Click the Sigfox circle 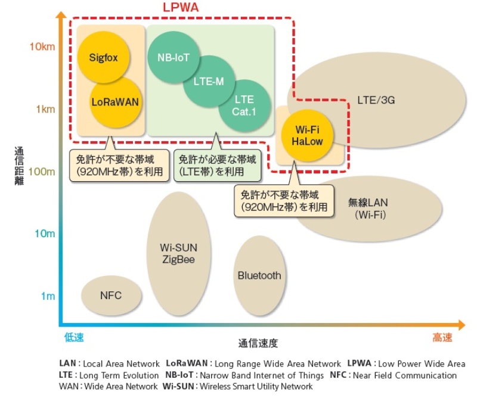tap(105, 58)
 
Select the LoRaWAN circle tap(114, 102)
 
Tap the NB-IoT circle tap(174, 58)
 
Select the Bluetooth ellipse tap(259, 275)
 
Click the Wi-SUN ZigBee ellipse tap(178, 254)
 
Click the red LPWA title tap(181, 8)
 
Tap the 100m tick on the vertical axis tap(42, 172)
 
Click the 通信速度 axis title tap(258, 344)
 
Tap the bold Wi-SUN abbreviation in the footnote tap(176, 386)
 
